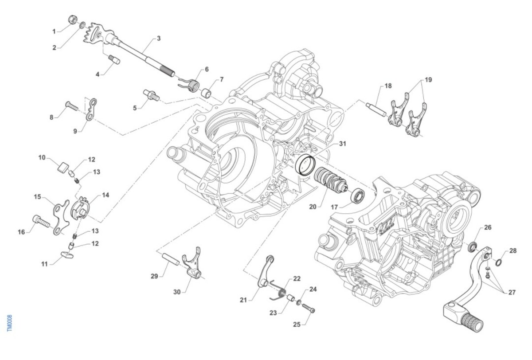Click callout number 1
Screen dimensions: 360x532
(x=54, y=31)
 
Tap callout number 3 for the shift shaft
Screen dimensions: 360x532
(x=158, y=39)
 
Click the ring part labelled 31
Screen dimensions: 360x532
(x=305, y=165)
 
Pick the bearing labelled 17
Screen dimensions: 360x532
(x=357, y=196)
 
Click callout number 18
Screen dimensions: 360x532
(x=388, y=86)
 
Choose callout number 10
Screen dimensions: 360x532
(x=42, y=157)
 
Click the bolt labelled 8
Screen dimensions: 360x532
(x=72, y=106)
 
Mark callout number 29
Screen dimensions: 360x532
(x=154, y=276)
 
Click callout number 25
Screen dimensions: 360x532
(x=297, y=324)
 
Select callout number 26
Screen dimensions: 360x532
(x=488, y=228)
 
